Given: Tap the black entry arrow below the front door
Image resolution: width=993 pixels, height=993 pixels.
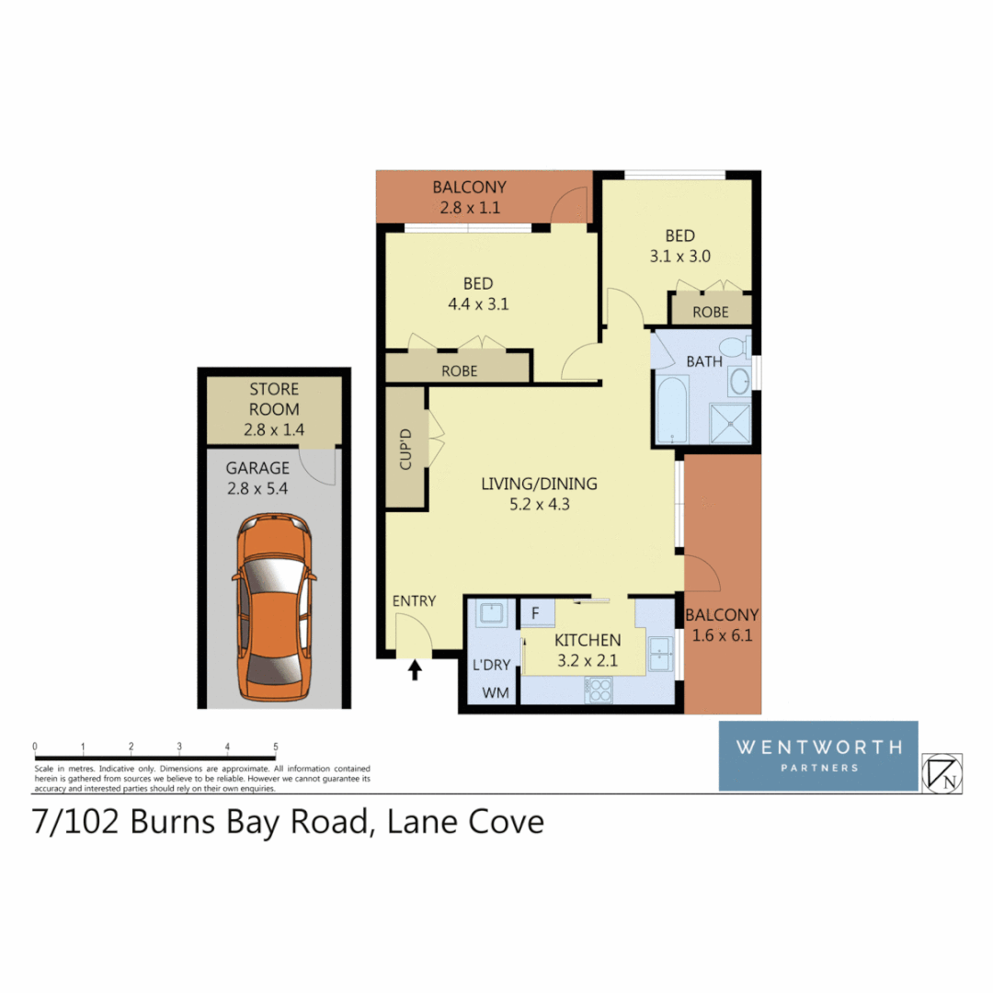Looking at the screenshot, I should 415,669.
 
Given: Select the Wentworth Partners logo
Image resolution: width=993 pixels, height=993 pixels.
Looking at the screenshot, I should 817,756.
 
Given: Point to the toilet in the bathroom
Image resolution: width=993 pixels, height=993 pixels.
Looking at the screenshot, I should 734,348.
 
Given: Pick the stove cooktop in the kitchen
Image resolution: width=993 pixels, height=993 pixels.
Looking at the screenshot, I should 599,690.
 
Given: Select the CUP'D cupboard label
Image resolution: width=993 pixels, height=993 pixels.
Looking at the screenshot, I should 405,448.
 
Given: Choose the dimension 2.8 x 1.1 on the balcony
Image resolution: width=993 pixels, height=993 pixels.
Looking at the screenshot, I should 470,207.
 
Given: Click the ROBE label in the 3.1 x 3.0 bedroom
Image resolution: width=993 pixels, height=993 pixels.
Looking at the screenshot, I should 710,312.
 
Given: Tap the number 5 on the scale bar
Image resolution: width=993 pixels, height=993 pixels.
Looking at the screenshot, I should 276,747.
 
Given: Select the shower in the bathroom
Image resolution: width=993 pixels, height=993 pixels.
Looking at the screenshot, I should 730,420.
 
